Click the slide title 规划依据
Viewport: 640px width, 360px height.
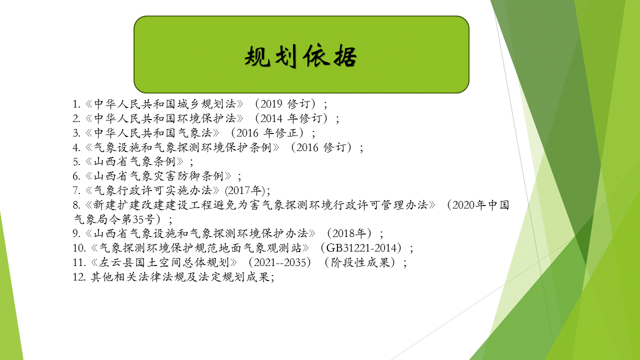coord(301,56)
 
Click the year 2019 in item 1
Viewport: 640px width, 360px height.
coord(271,103)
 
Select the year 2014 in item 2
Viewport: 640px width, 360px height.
coord(271,118)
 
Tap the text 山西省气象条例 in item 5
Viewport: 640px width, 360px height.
coord(134,161)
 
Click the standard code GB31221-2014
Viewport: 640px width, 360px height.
coord(361,248)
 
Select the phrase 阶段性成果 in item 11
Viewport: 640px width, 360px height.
coord(360,262)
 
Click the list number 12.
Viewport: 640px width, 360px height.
coord(79,277)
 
